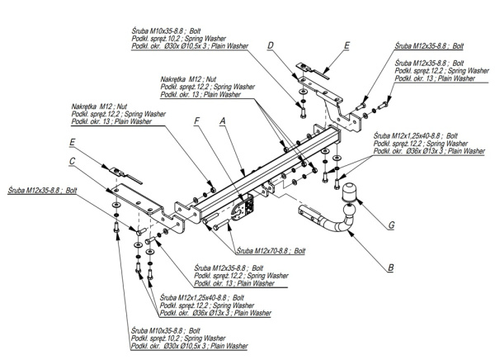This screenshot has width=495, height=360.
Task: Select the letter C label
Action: click(x=73, y=162)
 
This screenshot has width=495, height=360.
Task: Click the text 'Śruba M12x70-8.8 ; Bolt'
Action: click(x=271, y=249)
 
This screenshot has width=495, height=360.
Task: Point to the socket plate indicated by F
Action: click(x=244, y=207)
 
